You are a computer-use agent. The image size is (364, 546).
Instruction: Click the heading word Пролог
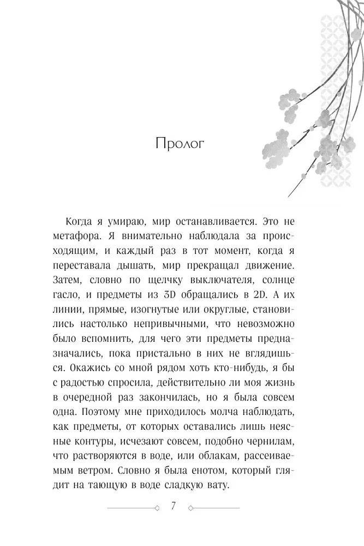[x=179, y=145]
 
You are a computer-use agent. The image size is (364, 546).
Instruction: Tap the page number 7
[x=173, y=506]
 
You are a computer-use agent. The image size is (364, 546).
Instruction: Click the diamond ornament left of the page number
[x=157, y=507]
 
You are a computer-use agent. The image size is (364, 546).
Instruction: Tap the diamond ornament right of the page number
[x=189, y=507]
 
